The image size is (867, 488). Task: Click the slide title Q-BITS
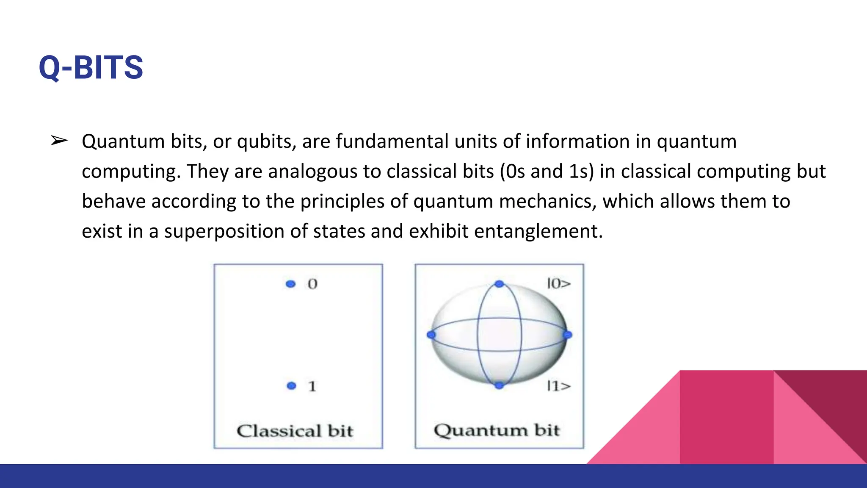(91, 68)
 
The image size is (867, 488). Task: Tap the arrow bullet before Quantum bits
(59, 141)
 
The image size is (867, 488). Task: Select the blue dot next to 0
(290, 284)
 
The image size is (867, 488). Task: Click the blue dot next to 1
(291, 385)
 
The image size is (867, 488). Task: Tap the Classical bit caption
(295, 431)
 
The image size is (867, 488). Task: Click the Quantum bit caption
(497, 430)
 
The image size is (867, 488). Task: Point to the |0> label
(559, 283)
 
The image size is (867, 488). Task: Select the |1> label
(559, 386)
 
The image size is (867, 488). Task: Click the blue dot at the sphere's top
(500, 284)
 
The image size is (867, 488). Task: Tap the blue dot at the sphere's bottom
(500, 385)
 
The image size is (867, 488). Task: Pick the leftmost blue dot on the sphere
(431, 335)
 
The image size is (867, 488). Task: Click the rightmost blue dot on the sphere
(568, 335)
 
